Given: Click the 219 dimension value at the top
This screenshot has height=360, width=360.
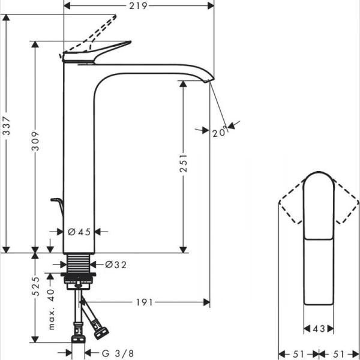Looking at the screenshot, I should click(139, 5).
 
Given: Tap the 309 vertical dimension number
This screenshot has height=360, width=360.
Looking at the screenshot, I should click(35, 141).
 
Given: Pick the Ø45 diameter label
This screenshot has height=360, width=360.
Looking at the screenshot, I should click(79, 232).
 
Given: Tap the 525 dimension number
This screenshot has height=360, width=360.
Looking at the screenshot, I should click(35, 289).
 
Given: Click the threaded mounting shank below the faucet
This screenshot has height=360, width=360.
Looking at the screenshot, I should click(78, 263).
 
